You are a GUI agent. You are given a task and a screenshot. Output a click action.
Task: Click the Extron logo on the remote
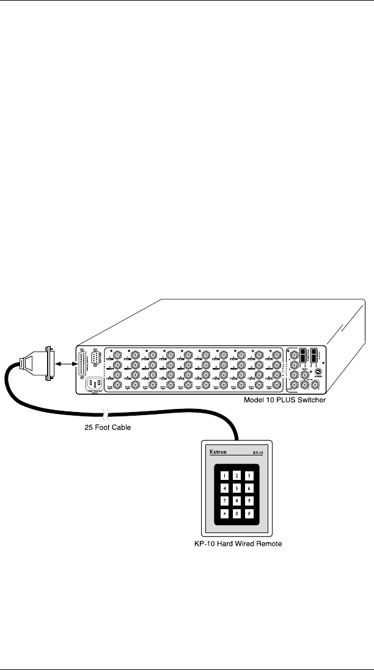[x=218, y=454]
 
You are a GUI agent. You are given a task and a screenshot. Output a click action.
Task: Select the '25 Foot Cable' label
[x=107, y=427]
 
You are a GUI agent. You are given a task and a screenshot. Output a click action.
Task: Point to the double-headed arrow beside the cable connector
[x=65, y=364]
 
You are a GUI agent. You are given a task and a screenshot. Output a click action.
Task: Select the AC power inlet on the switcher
[x=95, y=385]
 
